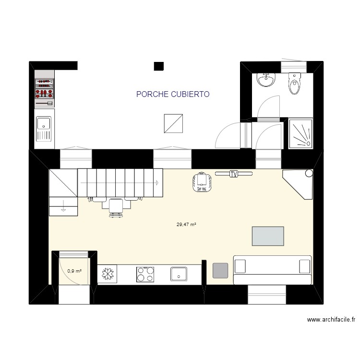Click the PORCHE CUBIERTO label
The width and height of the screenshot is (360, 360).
pos(173,95)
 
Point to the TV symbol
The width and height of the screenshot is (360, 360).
pos(234,174)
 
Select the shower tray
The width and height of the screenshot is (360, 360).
pos(300,133)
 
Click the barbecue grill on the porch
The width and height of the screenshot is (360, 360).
pos(44,92)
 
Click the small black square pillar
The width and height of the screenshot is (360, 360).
pos(159,66)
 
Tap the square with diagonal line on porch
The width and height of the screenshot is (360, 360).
pos(173,123)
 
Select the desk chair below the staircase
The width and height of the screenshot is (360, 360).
pos(115,207)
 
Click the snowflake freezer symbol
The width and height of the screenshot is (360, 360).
pos(108,274)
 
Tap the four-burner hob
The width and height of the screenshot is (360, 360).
pos(145,274)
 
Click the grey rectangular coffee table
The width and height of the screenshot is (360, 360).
pos(267,236)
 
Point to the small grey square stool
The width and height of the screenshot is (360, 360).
pos(220,270)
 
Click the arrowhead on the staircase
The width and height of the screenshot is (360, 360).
pos(156,182)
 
